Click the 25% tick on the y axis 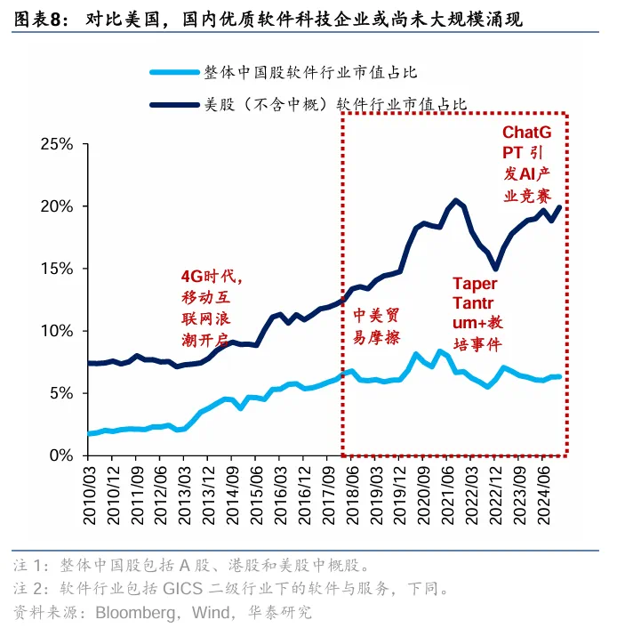pyautogui.click(x=54, y=144)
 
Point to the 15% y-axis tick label pyautogui.click(x=54, y=269)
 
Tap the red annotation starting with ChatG pyautogui.click(x=526, y=162)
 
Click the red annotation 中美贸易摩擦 pyautogui.click(x=376, y=326)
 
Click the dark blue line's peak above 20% pyautogui.click(x=456, y=199)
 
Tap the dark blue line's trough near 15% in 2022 pyautogui.click(x=495, y=270)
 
